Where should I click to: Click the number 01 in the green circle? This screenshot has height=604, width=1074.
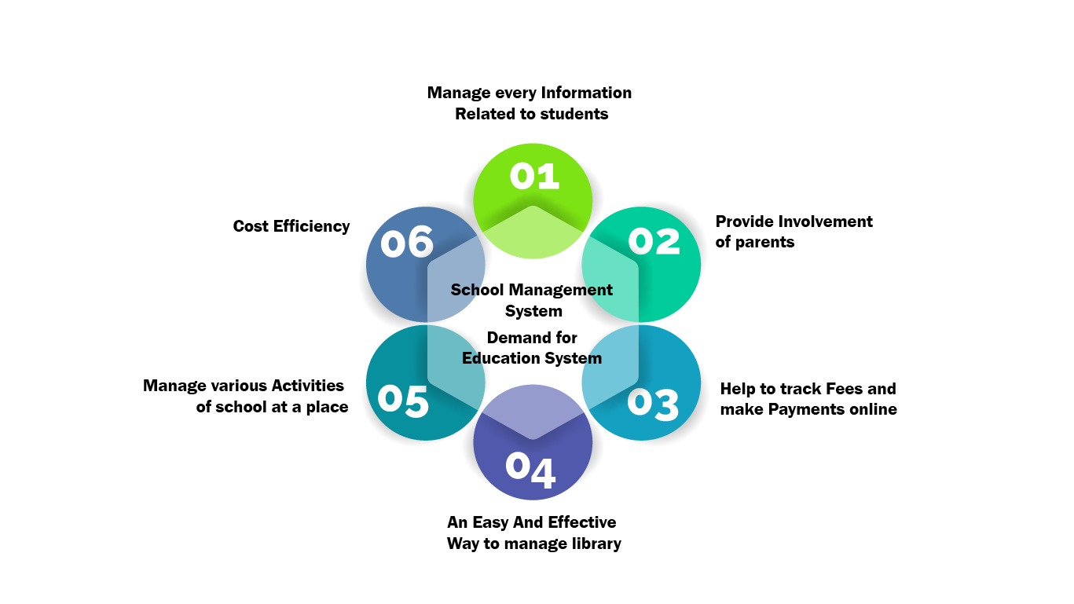tap(534, 176)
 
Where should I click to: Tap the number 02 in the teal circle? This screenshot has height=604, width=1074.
tap(654, 241)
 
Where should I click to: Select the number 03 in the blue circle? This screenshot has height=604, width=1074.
tap(653, 404)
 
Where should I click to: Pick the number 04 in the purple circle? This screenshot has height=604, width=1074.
tap(530, 468)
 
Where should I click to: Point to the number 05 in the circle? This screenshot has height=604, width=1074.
tap(403, 400)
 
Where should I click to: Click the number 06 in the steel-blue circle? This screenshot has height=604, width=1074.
tap(407, 243)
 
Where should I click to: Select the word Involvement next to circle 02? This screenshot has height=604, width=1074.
tap(824, 221)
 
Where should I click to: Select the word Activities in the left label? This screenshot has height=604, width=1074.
tap(307, 386)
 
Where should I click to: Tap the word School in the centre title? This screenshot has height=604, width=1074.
tap(476, 290)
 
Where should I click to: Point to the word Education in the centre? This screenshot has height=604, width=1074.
tap(497, 358)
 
